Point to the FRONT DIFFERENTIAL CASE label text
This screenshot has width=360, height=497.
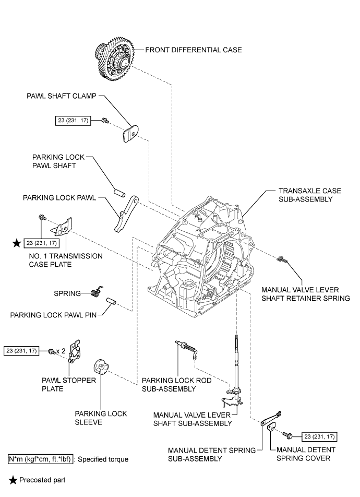tap(194, 50)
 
